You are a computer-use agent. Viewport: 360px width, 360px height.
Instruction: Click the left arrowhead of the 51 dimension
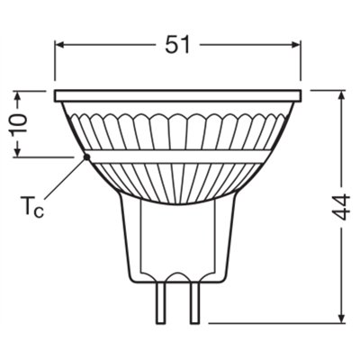coord(60,43)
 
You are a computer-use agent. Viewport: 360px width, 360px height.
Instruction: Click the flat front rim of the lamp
coord(177,94)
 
